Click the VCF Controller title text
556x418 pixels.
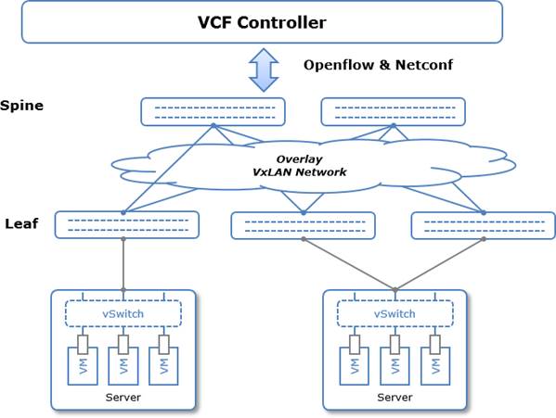[262, 22]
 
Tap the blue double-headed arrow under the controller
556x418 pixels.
[264, 70]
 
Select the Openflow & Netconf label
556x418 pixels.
[378, 65]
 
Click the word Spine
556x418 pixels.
[21, 106]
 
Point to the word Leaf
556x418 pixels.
[21, 223]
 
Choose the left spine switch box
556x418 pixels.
[213, 112]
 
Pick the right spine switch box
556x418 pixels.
[393, 112]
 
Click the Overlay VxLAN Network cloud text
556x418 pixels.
[299, 166]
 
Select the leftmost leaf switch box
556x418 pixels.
[126, 224]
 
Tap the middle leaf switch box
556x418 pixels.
[304, 225]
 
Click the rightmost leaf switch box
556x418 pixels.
[484, 225]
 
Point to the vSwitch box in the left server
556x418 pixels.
[123, 313]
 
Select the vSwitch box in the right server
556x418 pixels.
[395, 313]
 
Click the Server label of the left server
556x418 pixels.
[123, 398]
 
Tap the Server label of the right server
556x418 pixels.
[394, 398]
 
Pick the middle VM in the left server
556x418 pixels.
[123, 366]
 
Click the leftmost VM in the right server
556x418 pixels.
[355, 366]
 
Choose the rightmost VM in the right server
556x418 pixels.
[435, 366]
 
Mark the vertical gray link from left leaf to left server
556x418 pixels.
[123, 264]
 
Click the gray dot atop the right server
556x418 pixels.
[395, 290]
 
